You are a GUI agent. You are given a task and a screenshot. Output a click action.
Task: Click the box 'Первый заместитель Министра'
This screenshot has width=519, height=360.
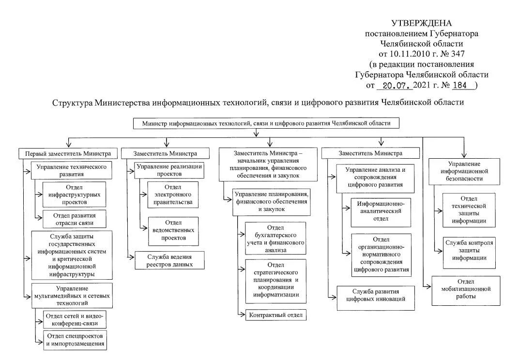[x=68, y=153]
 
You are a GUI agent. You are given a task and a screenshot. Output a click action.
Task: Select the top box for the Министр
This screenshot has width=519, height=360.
[x=266, y=123]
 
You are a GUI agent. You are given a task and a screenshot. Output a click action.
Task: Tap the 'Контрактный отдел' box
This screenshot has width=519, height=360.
[x=275, y=315]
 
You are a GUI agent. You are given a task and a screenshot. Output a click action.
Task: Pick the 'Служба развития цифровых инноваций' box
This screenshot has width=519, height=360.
[x=376, y=296]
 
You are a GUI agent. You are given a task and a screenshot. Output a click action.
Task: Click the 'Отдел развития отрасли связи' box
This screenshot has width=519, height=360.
[x=74, y=219]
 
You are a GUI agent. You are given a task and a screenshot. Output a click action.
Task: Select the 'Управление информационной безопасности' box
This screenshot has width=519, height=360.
[x=464, y=171]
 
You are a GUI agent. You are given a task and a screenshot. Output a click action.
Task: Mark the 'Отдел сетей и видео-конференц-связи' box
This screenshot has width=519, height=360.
[x=75, y=319]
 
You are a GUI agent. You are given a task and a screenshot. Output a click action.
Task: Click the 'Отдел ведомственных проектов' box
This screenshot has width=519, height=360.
[x=173, y=231]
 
